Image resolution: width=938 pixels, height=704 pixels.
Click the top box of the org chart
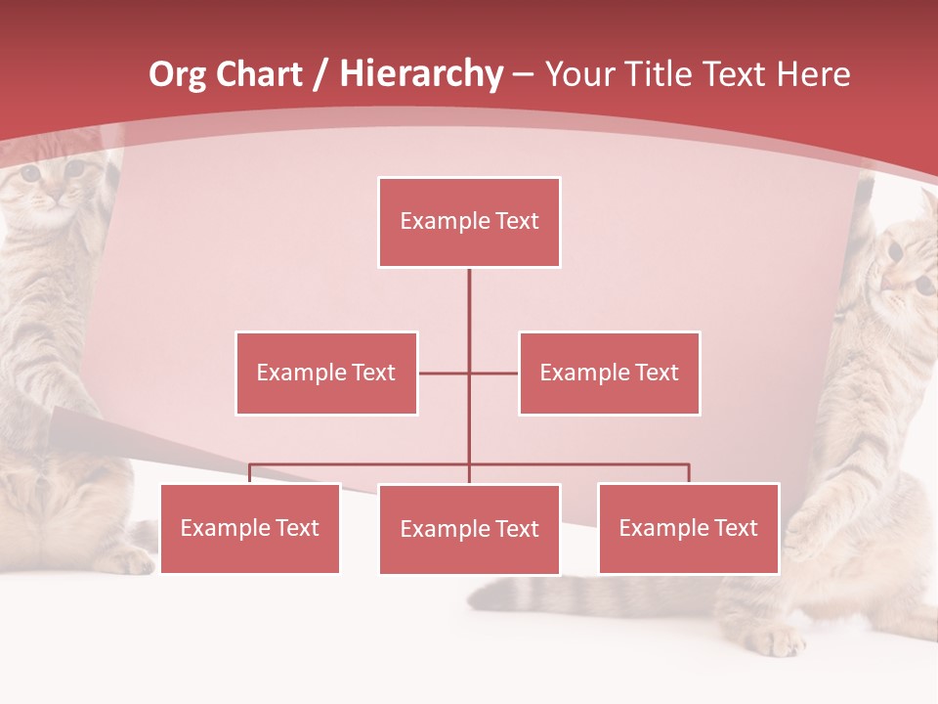pyautogui.click(x=469, y=222)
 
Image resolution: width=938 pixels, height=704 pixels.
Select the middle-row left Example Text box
pyautogui.click(x=326, y=373)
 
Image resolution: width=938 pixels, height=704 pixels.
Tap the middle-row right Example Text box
pyautogui.click(x=609, y=373)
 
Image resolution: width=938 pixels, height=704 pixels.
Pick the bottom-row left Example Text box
pyautogui.click(x=250, y=528)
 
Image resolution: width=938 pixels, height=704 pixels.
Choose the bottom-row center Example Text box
pyautogui.click(x=469, y=529)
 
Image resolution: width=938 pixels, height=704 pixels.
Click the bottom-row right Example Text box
pyautogui.click(x=689, y=528)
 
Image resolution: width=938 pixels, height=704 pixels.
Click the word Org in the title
pyautogui.click(x=177, y=75)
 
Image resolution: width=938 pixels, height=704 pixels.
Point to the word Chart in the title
pyautogui.click(x=258, y=74)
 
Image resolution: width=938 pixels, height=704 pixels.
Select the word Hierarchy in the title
pyautogui.click(x=421, y=75)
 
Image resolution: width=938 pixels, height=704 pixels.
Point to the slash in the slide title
pyautogui.click(x=320, y=75)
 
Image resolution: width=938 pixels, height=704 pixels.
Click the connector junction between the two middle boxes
pyautogui.click(x=469, y=373)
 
